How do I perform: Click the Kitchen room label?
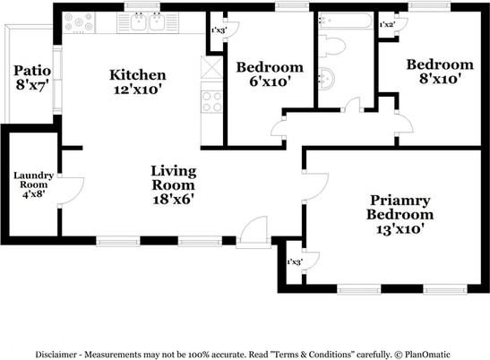pyautogui.click(x=137, y=82)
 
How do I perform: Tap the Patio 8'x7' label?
pyautogui.click(x=32, y=78)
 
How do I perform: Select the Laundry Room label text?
pyautogui.click(x=33, y=185)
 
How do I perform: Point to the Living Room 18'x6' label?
pyautogui.click(x=174, y=185)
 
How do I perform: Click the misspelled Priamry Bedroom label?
pyautogui.click(x=400, y=215)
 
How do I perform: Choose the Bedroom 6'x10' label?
pyautogui.click(x=270, y=74)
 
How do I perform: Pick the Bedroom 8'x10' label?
pyautogui.click(x=440, y=72)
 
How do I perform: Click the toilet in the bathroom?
pyautogui.click(x=331, y=47)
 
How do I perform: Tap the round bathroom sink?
pyautogui.click(x=327, y=78)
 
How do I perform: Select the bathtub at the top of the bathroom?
pyautogui.click(x=345, y=21)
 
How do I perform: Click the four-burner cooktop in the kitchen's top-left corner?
pyautogui.click(x=79, y=22)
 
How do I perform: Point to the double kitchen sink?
pyautogui.click(x=148, y=22)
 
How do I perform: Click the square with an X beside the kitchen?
pyautogui.click(x=211, y=67)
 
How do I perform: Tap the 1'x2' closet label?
pyautogui.click(x=386, y=25)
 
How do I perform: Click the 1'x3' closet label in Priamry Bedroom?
pyautogui.click(x=294, y=261)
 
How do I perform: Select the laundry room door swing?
pyautogui.click(x=72, y=192)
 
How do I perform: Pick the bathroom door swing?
pyautogui.click(x=353, y=105)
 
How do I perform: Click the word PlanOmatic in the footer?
pyautogui.click(x=427, y=355)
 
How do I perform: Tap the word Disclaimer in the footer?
pyautogui.click(x=56, y=355)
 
